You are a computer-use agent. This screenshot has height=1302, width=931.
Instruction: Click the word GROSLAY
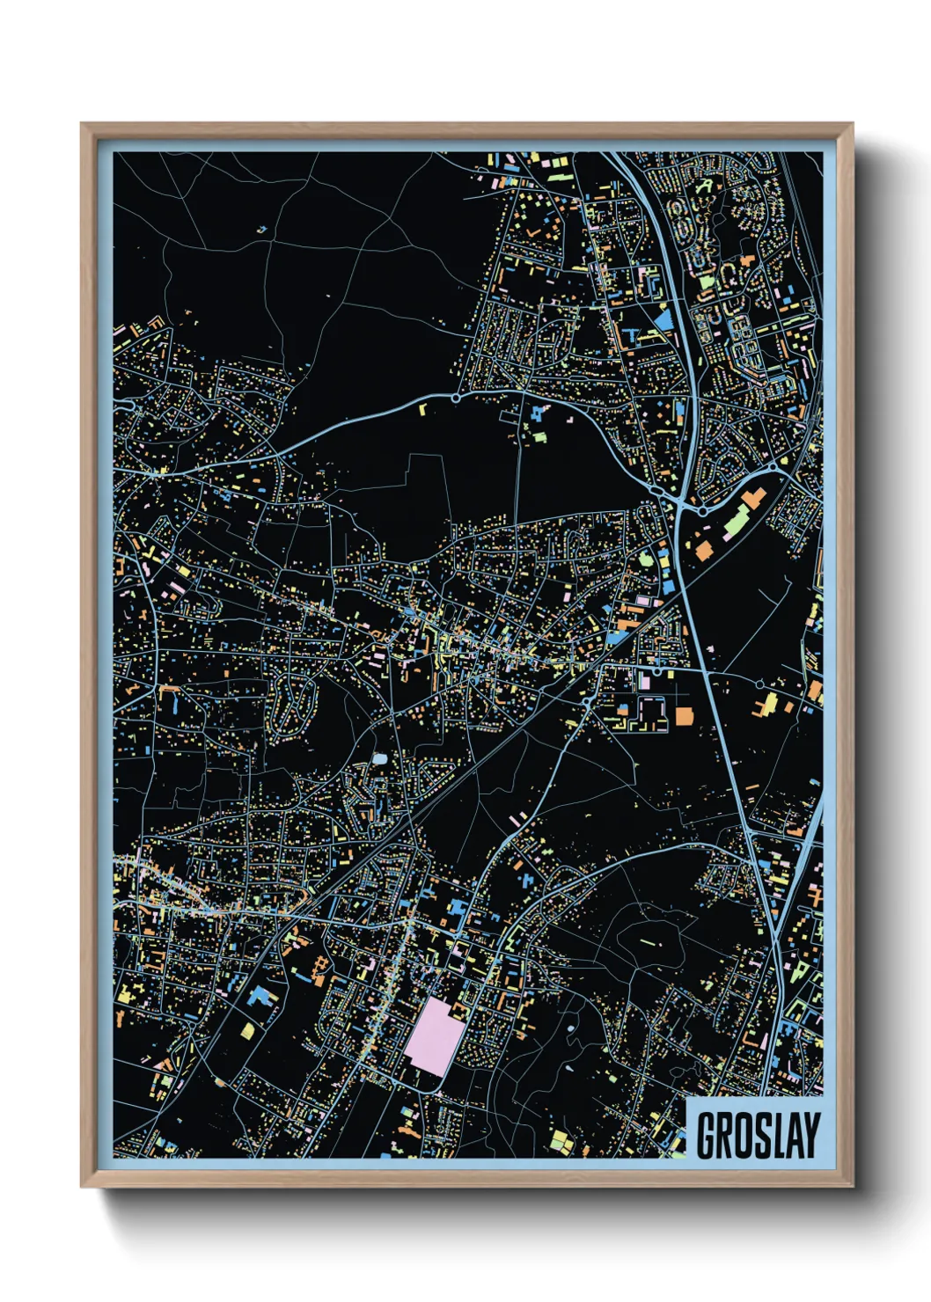click(758, 1135)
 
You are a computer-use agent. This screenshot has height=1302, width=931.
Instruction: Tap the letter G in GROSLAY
click(707, 1135)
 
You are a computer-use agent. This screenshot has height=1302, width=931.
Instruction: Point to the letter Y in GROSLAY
click(810, 1135)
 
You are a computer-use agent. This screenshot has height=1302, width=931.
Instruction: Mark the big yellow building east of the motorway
click(769, 703)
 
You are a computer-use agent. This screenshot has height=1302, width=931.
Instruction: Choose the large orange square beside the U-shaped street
click(684, 714)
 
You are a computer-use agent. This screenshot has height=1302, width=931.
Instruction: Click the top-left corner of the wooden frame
click(82, 124)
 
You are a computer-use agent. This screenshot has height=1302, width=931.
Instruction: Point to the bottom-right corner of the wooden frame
click(852, 1186)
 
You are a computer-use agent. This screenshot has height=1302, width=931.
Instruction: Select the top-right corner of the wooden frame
click(852, 124)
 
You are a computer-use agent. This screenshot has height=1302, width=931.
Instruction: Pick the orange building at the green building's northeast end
click(751, 499)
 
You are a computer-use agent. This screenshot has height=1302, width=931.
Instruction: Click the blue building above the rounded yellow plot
click(260, 997)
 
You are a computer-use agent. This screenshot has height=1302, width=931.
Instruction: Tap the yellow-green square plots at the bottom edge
click(559, 1141)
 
